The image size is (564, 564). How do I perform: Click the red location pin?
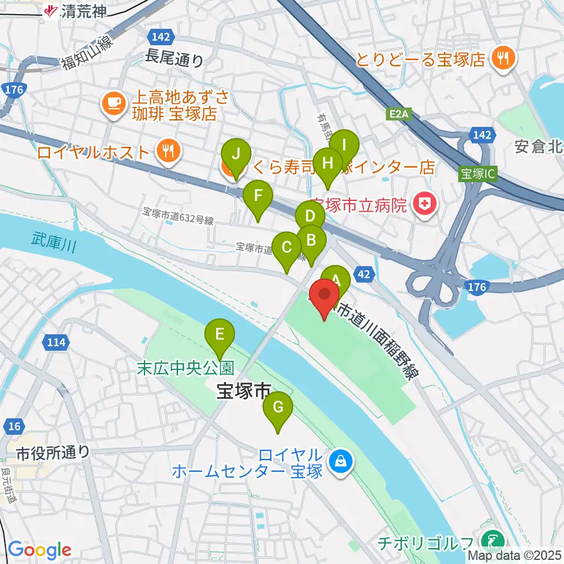[324, 297]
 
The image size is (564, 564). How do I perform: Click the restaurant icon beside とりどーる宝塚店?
[502, 58]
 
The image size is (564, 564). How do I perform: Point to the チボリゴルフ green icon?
[489, 539]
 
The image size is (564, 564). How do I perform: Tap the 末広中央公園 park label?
[186, 368]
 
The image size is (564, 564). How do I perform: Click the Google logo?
[39, 549]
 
